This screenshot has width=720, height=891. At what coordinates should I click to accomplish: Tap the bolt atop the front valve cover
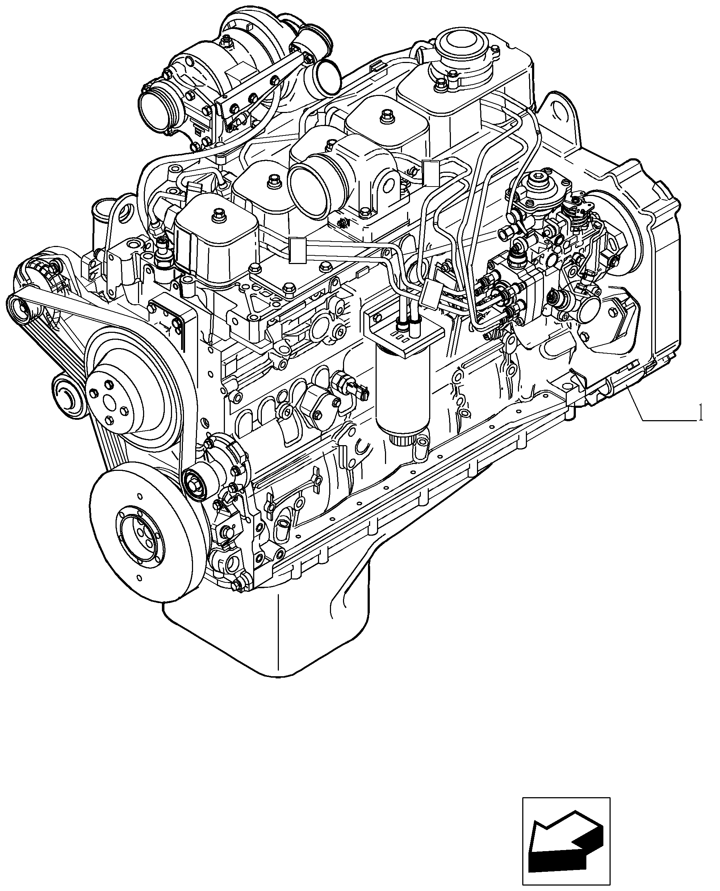(217, 216)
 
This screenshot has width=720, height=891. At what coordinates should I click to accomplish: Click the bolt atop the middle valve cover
(273, 180)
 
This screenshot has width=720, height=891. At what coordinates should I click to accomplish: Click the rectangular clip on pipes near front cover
(297, 250)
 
